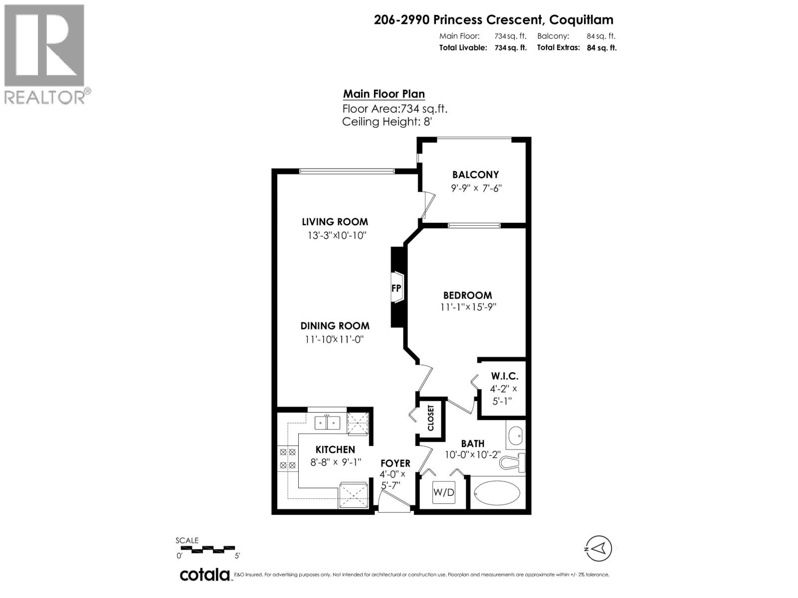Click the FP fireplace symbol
(397, 288)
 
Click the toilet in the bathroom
(514, 462)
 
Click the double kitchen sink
(327, 423)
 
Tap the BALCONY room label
(475, 174)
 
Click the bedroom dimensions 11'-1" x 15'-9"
(468, 307)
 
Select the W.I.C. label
(504, 376)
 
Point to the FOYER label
(395, 463)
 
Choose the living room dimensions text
(337, 235)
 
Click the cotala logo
(204, 575)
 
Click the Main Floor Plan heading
(384, 94)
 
